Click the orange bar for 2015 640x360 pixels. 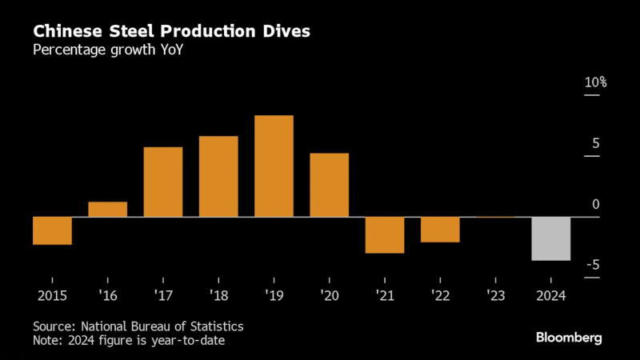click(52, 230)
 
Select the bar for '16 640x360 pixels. click(107, 209)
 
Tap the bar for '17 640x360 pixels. click(163, 182)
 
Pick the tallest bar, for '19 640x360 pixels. click(274, 166)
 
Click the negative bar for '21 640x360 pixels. click(385, 234)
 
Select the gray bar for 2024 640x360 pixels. click(551, 238)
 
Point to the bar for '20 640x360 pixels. click(330, 185)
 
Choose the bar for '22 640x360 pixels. click(440, 230)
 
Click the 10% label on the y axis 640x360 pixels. click(596, 82)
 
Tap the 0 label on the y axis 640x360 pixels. click(596, 205)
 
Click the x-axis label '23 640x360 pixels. click(495, 294)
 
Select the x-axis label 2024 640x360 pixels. click(551, 294)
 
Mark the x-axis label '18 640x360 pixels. click(218, 294)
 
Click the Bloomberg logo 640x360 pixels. click(569, 337)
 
